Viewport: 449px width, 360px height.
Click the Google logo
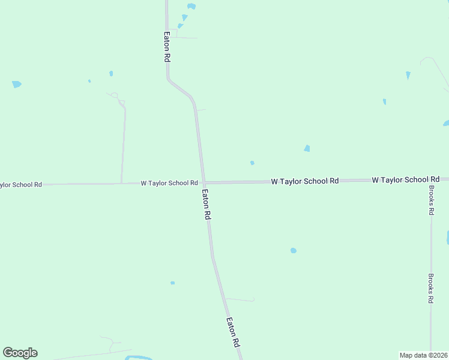[20, 353]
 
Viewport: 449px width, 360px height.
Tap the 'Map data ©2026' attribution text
[423, 355]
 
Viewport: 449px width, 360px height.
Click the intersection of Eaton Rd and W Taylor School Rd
[204, 182]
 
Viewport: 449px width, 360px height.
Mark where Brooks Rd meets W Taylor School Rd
[431, 179]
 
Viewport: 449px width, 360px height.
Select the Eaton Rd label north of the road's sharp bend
[167, 47]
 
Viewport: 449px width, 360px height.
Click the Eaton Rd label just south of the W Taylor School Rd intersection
[206, 205]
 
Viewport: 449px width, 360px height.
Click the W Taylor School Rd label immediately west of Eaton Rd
[169, 183]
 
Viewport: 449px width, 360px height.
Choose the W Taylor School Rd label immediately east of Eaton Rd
[305, 181]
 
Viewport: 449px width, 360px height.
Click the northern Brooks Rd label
[431, 200]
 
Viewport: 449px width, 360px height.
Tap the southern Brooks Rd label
[430, 288]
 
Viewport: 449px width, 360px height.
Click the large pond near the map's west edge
[17, 85]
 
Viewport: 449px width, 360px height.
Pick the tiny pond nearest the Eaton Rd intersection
[252, 163]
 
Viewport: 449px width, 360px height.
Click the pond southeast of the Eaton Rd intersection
[293, 250]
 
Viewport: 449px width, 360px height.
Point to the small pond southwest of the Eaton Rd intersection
[172, 283]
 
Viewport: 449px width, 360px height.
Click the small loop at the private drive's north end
[114, 95]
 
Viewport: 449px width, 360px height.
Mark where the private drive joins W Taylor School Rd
[122, 183]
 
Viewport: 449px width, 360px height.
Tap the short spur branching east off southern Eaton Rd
[240, 299]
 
